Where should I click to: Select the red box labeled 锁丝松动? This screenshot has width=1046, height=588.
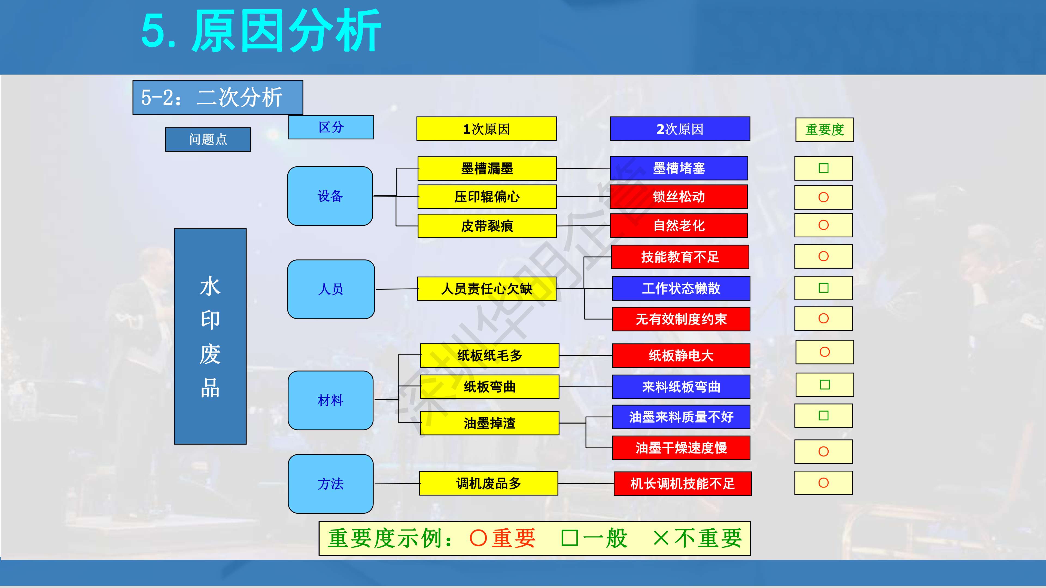point(679,197)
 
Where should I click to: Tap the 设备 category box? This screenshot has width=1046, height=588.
point(330,196)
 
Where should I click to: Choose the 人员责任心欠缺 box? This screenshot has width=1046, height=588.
point(486,289)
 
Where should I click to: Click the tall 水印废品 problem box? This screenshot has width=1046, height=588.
point(210,336)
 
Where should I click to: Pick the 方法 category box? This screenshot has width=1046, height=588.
point(330,484)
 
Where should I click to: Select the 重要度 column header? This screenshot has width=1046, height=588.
point(825,130)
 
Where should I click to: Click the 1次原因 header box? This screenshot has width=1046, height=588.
point(486,129)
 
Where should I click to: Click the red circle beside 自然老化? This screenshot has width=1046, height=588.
point(823,225)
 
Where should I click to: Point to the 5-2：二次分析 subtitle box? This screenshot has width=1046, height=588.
point(218,97)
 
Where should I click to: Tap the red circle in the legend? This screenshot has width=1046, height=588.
point(478,538)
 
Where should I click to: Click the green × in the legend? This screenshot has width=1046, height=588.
point(661,538)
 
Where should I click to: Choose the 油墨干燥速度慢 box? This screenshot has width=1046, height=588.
point(681,448)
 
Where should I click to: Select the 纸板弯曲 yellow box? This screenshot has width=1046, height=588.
point(490,387)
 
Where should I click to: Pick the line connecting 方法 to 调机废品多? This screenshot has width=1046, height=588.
point(397,484)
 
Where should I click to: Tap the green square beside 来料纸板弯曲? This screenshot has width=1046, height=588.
point(825,385)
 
